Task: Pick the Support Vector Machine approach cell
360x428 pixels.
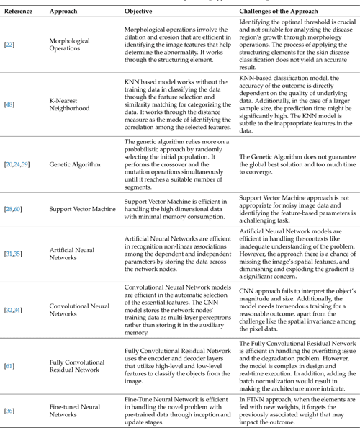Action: coord(83,208)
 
